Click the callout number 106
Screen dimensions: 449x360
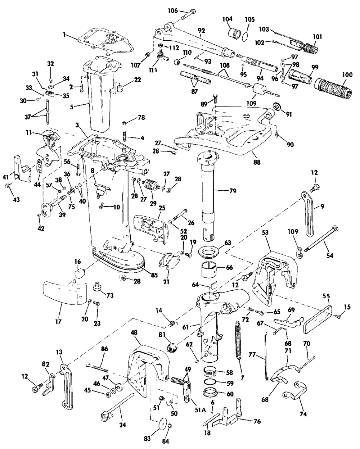173,11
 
